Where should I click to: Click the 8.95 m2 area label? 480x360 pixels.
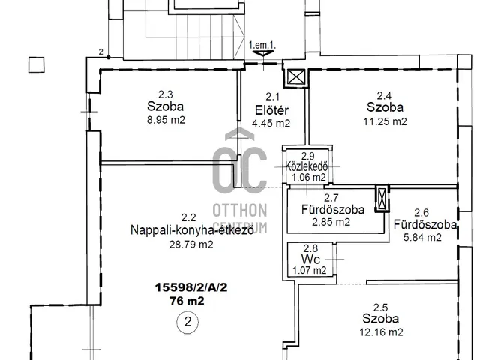tap(166, 120)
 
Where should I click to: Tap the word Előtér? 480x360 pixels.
tap(271, 110)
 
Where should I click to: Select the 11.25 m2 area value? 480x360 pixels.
tap(385, 121)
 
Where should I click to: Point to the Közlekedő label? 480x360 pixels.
tap(307, 166)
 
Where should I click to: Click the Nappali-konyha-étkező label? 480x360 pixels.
tap(192, 230)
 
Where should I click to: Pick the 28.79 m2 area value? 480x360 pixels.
tap(191, 244)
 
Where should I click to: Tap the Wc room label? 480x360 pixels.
tap(310, 259)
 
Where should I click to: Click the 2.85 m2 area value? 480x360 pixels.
tap(331, 222)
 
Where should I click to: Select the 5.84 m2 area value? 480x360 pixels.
tap(422, 237)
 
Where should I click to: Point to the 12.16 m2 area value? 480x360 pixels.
tap(381, 332)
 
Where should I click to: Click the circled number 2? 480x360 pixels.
tap(187, 322)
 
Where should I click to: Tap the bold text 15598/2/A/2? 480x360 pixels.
tap(191, 287)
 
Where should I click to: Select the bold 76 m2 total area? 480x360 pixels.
tap(187, 301)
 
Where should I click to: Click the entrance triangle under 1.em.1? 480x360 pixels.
tap(262, 54)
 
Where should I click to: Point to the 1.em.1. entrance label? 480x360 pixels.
tap(262, 45)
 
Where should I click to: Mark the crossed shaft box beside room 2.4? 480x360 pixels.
tap(296, 76)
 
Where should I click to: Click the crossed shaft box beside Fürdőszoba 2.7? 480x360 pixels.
tap(382, 198)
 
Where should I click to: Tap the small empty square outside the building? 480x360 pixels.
tap(37, 65)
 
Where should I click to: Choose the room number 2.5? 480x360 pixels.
tap(380, 307)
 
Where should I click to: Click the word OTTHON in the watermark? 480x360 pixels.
tap(240, 211)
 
